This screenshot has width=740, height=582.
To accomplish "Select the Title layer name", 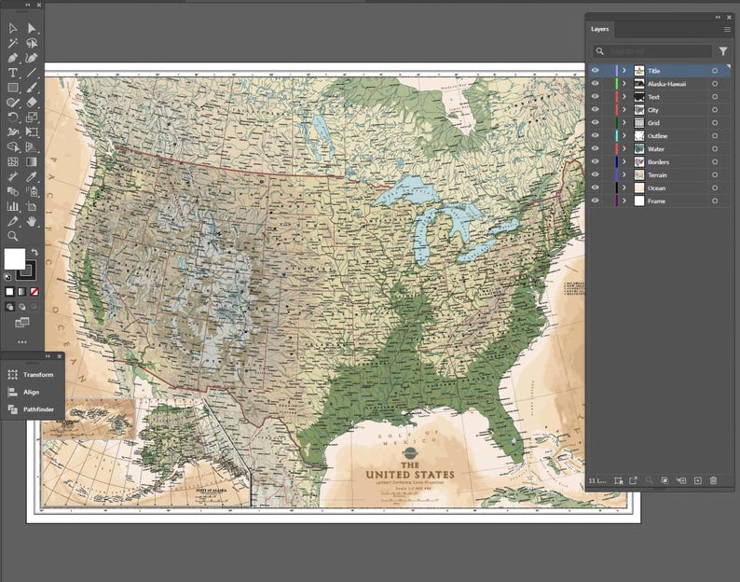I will pos(655,71).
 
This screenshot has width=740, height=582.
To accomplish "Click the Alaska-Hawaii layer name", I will pos(666,84).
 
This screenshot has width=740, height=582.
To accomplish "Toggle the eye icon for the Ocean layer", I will pos(595,187).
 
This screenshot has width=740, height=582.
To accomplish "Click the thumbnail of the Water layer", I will pos(638,149).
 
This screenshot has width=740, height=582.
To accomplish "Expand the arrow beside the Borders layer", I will pos(624,162).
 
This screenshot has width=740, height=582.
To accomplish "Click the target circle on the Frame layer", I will pos(715,201).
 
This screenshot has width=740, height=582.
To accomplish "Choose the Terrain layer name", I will pos(658,175).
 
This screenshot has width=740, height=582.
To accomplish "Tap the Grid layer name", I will pos(653,123).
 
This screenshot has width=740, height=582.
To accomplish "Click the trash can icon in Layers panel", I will pos(713,480).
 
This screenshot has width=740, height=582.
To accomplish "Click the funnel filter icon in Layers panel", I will pos(723,51).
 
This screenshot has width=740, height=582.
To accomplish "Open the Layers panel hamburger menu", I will pos(727,29).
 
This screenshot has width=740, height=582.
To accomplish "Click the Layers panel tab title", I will pos(599,29).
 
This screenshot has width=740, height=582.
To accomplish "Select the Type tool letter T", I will pos(13,73).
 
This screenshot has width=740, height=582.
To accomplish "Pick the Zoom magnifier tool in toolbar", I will pos(13,236).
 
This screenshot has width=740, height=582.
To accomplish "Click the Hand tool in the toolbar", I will pos(32,221).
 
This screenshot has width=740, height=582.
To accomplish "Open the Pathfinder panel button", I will pos(37,409).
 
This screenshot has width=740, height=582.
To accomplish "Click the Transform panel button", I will pos(38,375).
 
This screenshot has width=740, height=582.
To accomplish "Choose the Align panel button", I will pos(32,392).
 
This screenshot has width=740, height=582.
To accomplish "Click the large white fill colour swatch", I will pos(15,258).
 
